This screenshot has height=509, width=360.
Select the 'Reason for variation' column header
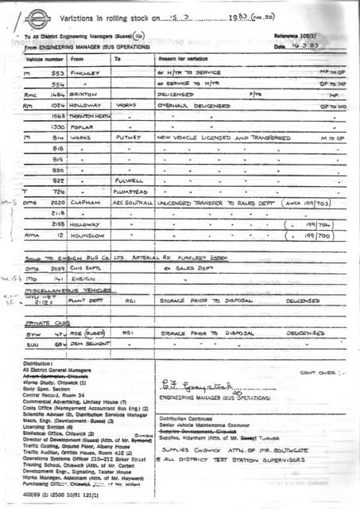click(x=180, y=59)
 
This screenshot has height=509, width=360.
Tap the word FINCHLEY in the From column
click(x=85, y=73)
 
